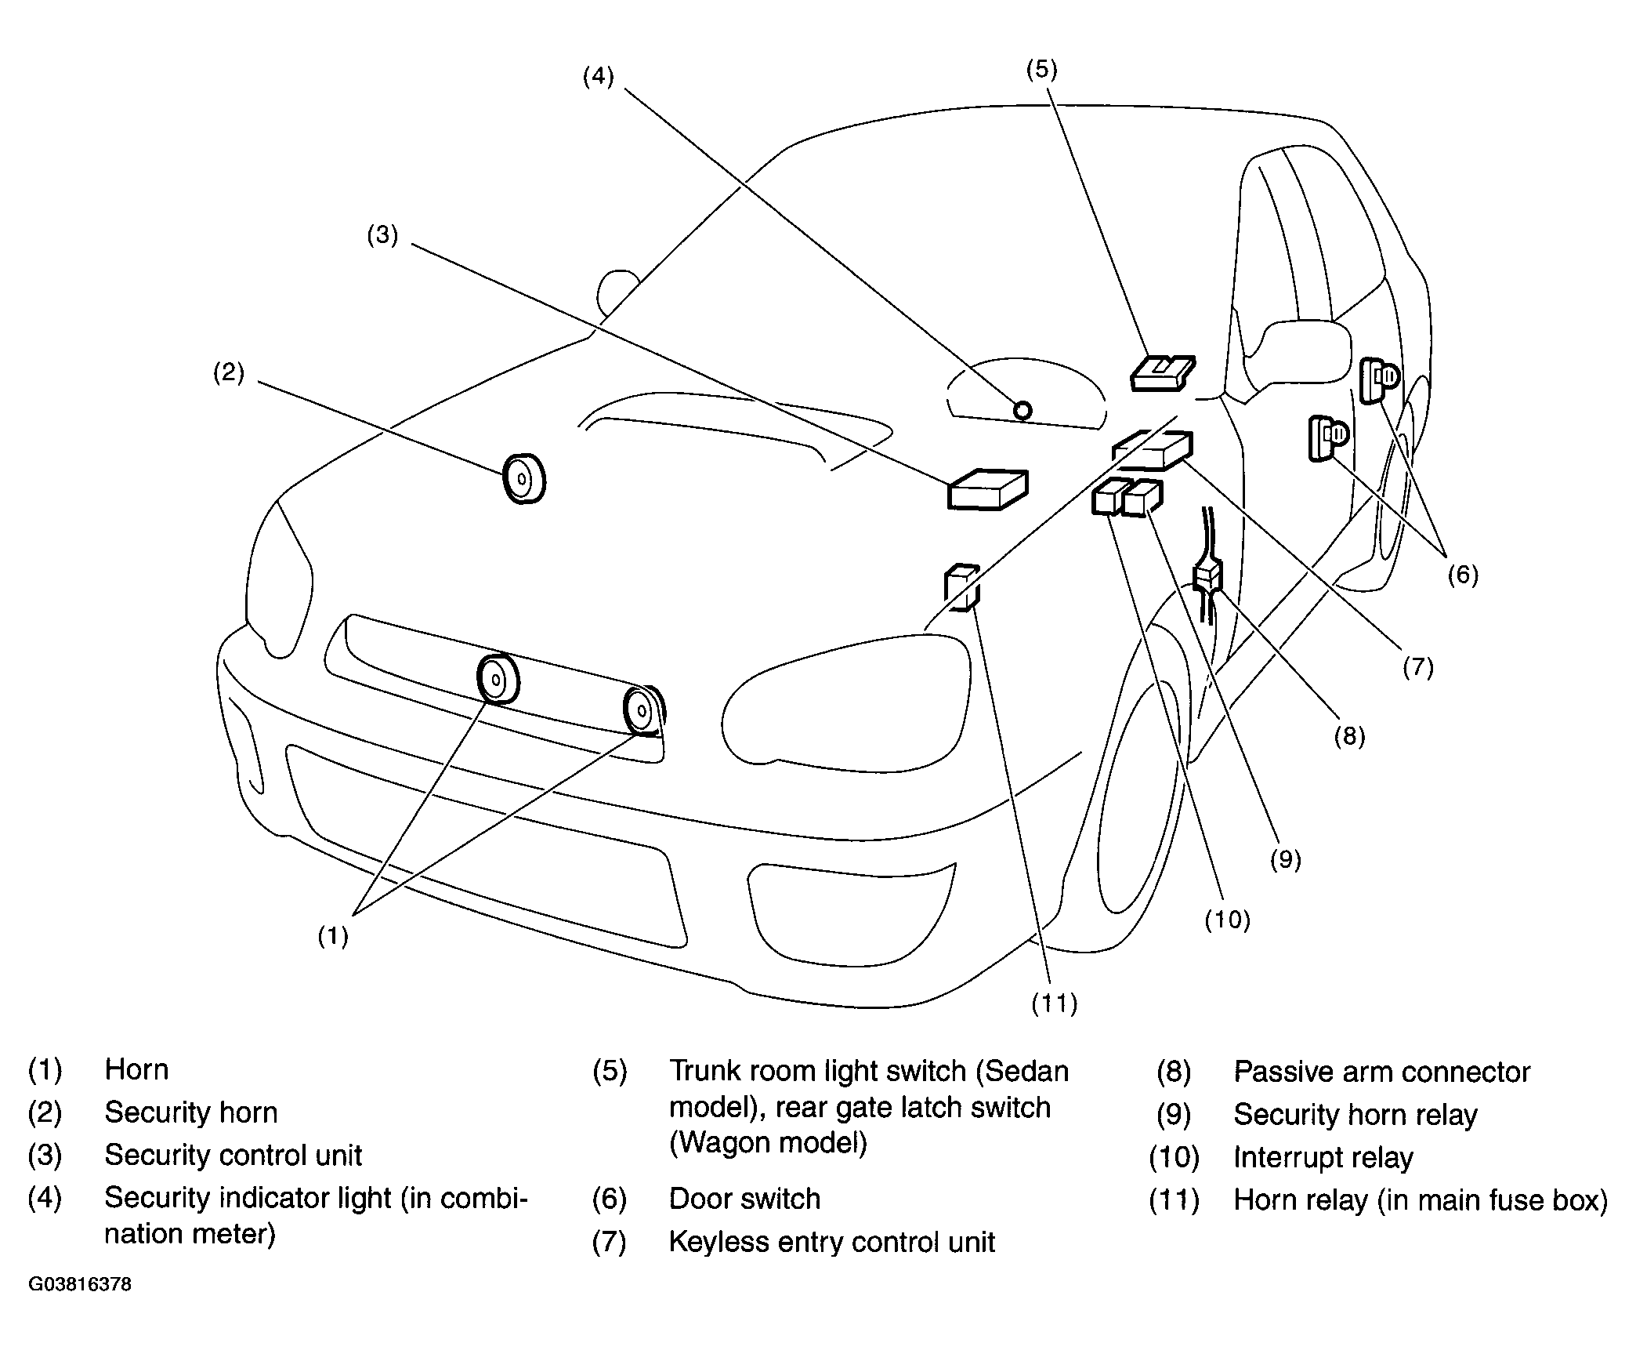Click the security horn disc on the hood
pyautogui.click(x=523, y=478)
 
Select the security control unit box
pyautogui.click(x=987, y=490)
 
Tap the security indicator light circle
pyautogui.click(x=1022, y=410)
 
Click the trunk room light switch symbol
pyautogui.click(x=1163, y=372)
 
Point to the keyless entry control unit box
pyautogui.click(x=1153, y=450)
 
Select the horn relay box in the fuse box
pyautogui.click(x=962, y=586)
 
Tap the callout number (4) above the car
pyautogui.click(x=599, y=77)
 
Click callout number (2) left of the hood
pyautogui.click(x=229, y=372)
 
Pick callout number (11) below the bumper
pyautogui.click(x=1054, y=1003)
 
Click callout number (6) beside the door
pyautogui.click(x=1462, y=575)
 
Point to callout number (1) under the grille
pyautogui.click(x=332, y=935)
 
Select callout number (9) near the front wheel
pyautogui.click(x=1285, y=860)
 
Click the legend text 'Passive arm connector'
pyautogui.click(x=1381, y=1072)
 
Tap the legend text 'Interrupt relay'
pyautogui.click(x=1323, y=1157)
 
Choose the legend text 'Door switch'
pyautogui.click(x=744, y=1199)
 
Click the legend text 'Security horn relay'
pyautogui.click(x=1355, y=1115)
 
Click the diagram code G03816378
pyautogui.click(x=80, y=1285)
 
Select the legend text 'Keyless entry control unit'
pyautogui.click(x=831, y=1242)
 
